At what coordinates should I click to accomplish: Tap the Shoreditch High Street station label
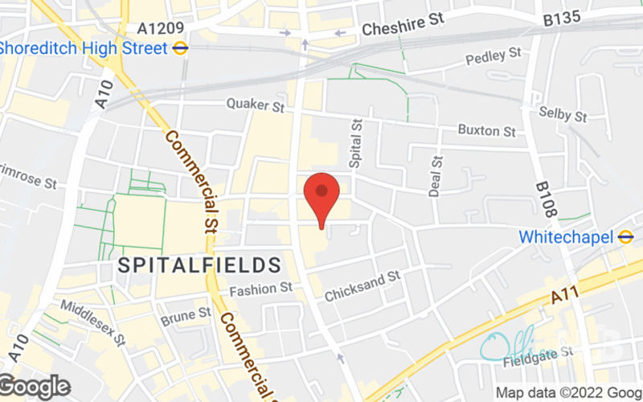point(83,47)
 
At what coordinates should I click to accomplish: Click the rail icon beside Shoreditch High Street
point(181,47)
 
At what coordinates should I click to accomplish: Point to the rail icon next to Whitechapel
point(626,237)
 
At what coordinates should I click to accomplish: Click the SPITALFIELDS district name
point(199,264)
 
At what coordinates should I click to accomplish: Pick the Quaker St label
point(256,105)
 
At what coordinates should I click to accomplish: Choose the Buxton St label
point(487,129)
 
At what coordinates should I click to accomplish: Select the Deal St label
point(436,176)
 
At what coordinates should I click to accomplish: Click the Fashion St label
point(260,289)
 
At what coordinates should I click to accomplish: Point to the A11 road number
point(566,298)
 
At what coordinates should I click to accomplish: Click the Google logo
point(35,387)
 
